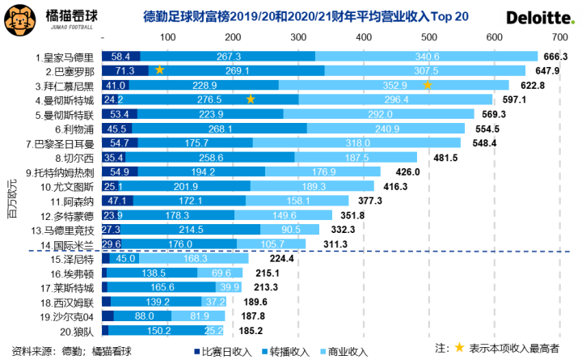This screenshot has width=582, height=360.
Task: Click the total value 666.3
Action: [x=557, y=57]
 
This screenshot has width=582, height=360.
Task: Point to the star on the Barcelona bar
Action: [x=160, y=70]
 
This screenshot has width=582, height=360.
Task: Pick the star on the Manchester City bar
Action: [x=251, y=99]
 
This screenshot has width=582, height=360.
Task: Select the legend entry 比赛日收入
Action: [x=224, y=350]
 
